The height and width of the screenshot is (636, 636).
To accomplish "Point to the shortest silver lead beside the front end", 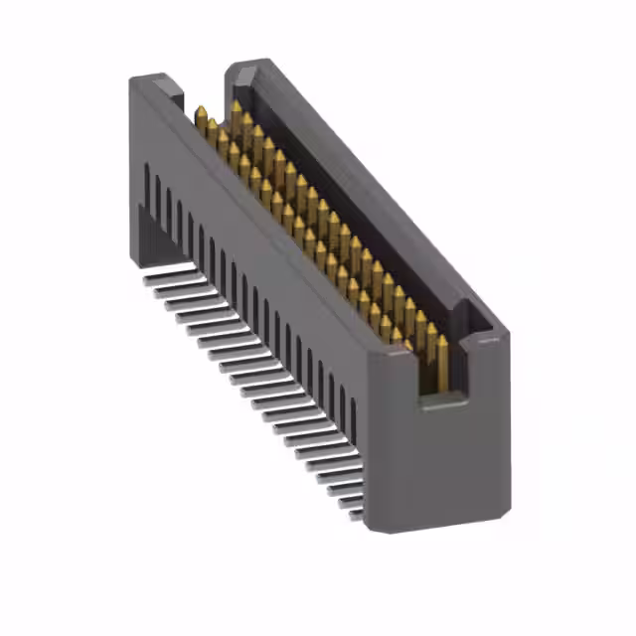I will click(x=353, y=504).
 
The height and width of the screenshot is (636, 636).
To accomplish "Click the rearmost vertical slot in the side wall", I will click(x=147, y=183).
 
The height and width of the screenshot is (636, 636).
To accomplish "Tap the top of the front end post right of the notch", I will click(x=487, y=343).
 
